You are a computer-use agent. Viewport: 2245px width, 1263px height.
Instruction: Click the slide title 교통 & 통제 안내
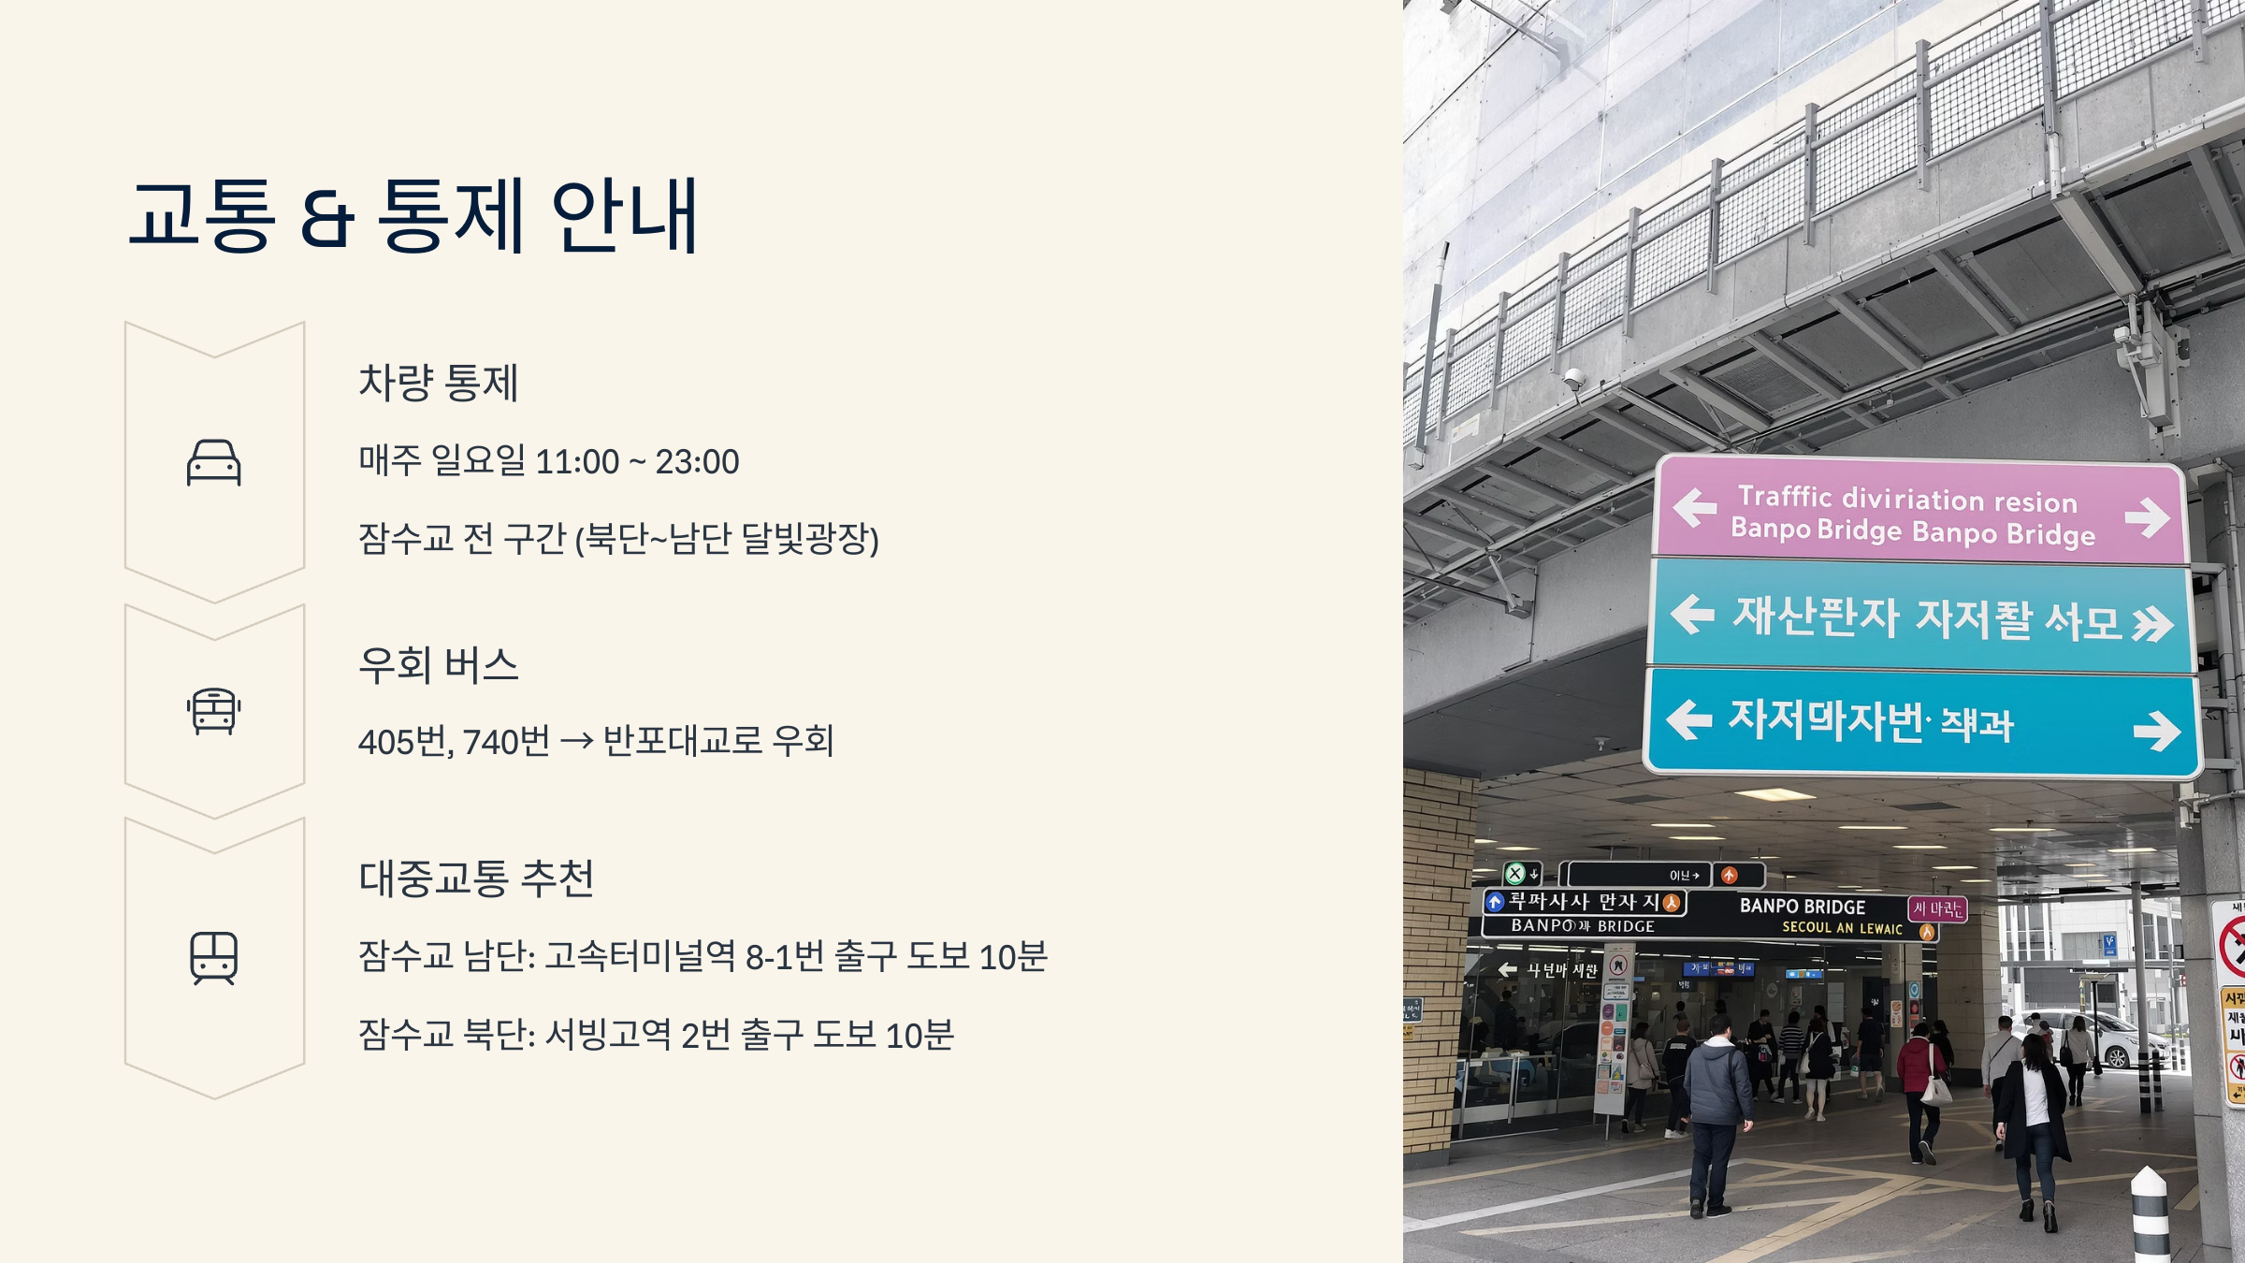[x=413, y=216]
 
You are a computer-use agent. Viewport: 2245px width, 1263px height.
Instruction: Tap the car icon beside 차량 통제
[x=214, y=462]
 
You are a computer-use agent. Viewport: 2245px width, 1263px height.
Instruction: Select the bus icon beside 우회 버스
[x=214, y=711]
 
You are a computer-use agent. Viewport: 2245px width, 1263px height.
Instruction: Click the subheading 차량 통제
[x=438, y=383]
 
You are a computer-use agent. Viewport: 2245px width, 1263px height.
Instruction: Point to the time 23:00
[x=697, y=462]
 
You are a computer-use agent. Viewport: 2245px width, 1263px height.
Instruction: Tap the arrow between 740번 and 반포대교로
[x=576, y=742]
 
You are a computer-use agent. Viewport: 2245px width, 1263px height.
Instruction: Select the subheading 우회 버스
[x=438, y=665]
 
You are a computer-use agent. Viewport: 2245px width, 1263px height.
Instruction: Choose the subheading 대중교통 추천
[x=476, y=878]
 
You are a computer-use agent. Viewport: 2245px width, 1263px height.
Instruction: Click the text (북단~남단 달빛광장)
[x=726, y=539]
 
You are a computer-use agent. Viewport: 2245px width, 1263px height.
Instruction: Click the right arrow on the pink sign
[x=2146, y=516]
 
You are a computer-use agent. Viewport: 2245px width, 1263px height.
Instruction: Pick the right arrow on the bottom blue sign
[x=2156, y=731]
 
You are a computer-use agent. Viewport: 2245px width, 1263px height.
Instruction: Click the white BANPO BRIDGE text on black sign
[x=1802, y=907]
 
